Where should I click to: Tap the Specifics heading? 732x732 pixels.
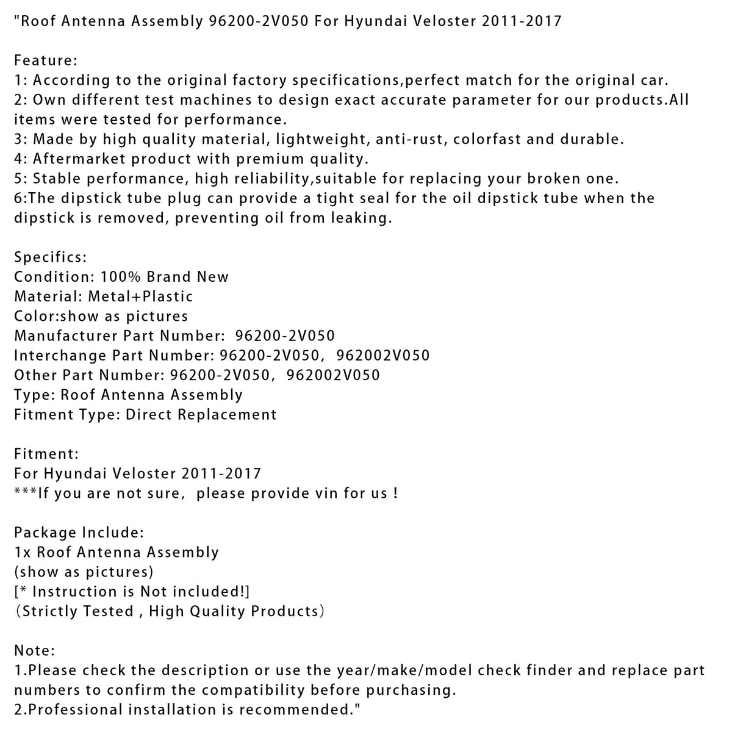click(50, 257)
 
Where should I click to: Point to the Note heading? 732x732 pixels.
click(34, 651)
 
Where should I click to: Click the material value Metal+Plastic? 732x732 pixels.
click(140, 296)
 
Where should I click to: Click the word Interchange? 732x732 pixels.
click(61, 355)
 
